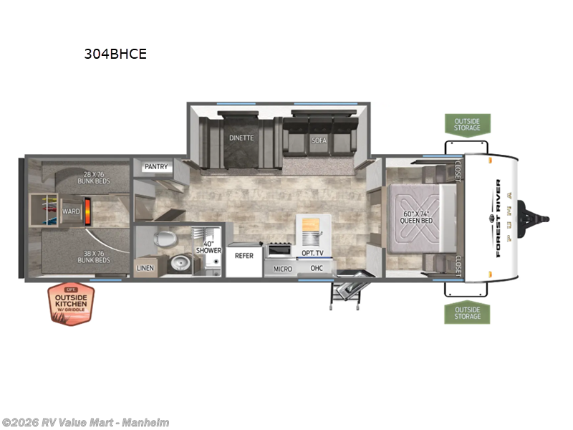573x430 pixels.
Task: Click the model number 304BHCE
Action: coord(115,54)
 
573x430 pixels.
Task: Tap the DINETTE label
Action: coord(241,138)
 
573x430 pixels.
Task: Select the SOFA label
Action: coord(319,140)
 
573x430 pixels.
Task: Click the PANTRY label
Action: coord(155,167)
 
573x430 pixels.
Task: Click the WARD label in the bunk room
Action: coord(70,211)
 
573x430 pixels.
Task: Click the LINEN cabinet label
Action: coord(144,268)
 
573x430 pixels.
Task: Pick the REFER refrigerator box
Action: coord(244,255)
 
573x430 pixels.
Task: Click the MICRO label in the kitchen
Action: coord(282,269)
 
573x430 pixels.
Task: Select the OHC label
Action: coord(316,268)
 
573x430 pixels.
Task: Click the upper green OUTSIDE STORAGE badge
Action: coord(467,124)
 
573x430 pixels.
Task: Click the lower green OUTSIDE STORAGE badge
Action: coord(467,312)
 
